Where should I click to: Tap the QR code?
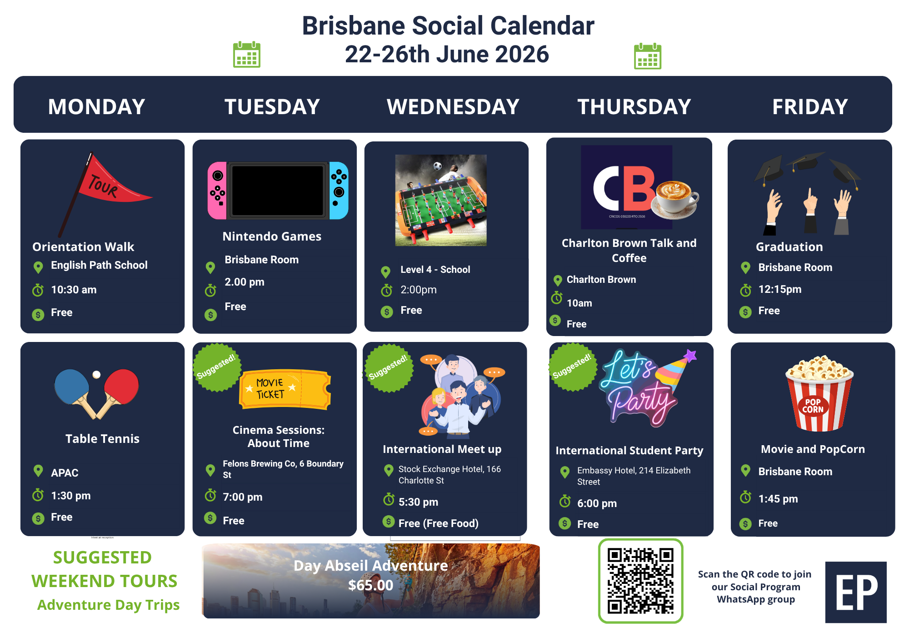(x=640, y=581)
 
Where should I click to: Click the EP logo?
(x=856, y=592)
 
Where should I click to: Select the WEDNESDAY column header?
(x=453, y=107)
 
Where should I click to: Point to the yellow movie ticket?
(x=285, y=389)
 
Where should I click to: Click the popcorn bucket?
(x=819, y=393)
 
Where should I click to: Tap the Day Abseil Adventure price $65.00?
(x=370, y=585)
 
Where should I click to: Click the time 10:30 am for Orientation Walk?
(x=74, y=290)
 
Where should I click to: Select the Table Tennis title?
(x=102, y=439)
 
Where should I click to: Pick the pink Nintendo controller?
(x=217, y=191)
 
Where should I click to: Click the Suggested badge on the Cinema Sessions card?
(x=216, y=367)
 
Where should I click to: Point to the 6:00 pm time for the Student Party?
(x=597, y=503)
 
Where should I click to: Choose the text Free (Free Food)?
(x=438, y=523)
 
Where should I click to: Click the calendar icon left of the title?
(x=247, y=55)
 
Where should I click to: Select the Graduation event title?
(x=789, y=247)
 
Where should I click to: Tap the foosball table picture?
(x=441, y=200)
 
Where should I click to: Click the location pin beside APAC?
(x=39, y=471)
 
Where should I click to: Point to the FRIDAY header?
(x=810, y=107)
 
